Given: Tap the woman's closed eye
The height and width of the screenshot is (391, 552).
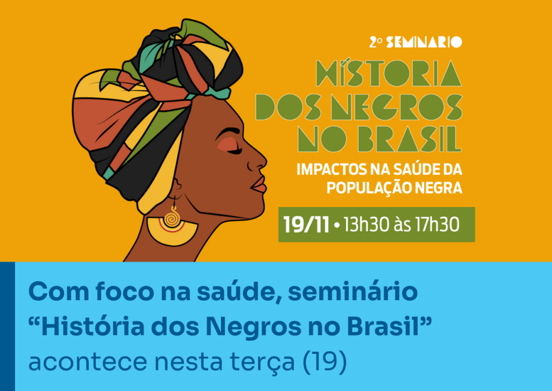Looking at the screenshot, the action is tap(234, 151).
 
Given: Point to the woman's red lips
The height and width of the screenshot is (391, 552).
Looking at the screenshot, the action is tap(259, 185).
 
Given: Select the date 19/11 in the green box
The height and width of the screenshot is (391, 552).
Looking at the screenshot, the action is tap(306, 225).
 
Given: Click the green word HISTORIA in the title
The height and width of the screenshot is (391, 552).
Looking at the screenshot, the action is tap(389, 73).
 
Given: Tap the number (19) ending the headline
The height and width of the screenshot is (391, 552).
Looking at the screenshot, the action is tap(324, 361).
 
